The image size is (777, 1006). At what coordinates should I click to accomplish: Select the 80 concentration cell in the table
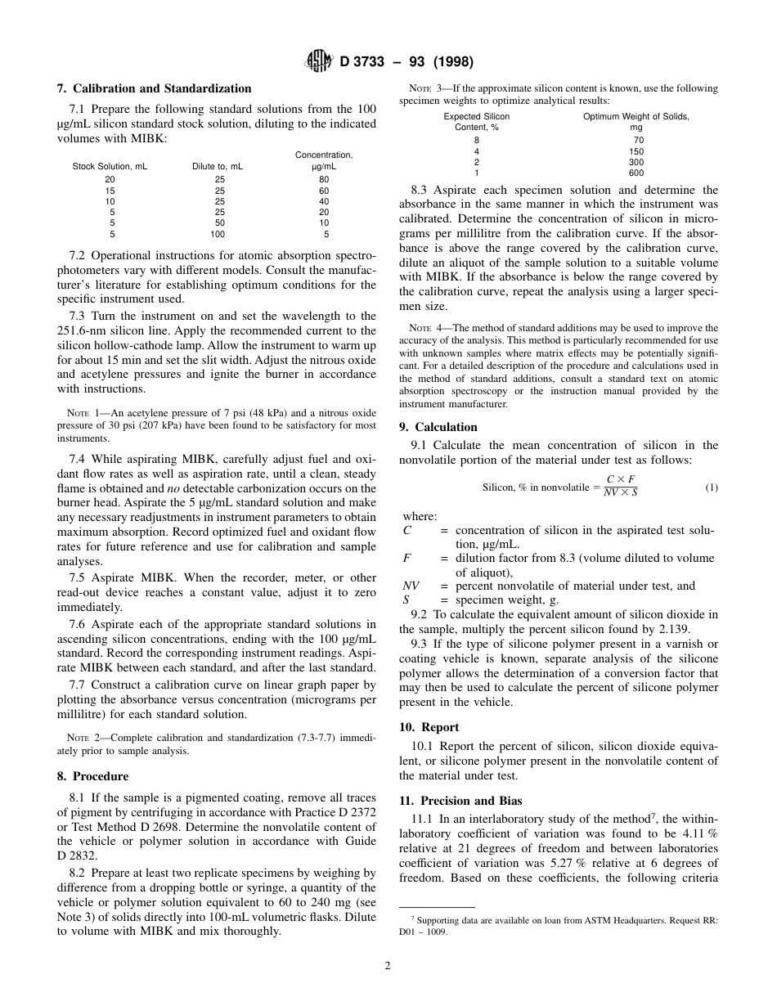coord(325,180)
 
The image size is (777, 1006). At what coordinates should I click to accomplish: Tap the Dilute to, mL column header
coord(218,166)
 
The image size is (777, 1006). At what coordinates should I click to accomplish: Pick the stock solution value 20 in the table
coord(110,180)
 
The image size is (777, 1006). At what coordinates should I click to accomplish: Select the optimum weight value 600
coord(636,173)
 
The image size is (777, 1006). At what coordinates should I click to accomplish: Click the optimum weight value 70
coord(638,141)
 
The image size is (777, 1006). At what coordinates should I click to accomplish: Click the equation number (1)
coord(711,488)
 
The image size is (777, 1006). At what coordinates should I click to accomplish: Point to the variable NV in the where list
coord(411,586)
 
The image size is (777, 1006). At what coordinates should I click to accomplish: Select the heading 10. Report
coord(429,727)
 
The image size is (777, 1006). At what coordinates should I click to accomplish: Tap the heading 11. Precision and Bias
coord(460,801)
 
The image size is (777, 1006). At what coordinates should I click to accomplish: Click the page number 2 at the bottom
coord(388,965)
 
